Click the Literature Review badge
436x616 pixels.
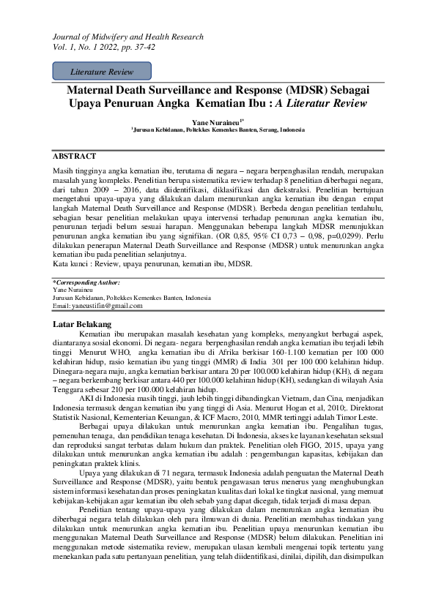click(102, 71)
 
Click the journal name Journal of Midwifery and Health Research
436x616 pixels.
click(128, 37)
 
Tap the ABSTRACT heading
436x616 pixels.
click(74, 156)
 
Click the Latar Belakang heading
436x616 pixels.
click(82, 323)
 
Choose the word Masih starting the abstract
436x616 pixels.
click(64, 170)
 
